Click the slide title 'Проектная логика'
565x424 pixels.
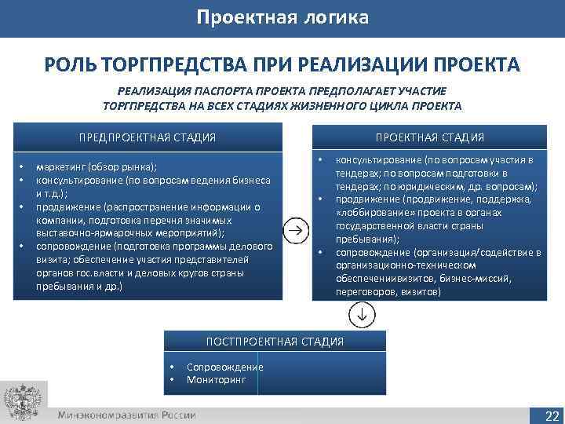pyautogui.click(x=282, y=17)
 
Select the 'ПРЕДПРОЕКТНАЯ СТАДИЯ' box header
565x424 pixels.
pyautogui.click(x=148, y=138)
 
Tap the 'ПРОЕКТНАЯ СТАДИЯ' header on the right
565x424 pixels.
pyautogui.click(x=429, y=138)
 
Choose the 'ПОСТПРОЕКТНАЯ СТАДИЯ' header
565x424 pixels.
pyautogui.click(x=275, y=342)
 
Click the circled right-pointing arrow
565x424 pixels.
pyautogui.click(x=295, y=230)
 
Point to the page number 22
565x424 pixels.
pyautogui.click(x=552, y=415)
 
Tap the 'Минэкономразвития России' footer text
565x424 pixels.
pyautogui.click(x=126, y=415)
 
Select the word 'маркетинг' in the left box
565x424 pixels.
pyautogui.click(x=61, y=166)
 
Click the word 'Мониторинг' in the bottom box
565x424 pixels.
pyautogui.click(x=216, y=379)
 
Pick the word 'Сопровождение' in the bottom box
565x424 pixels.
pyautogui.click(x=224, y=367)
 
